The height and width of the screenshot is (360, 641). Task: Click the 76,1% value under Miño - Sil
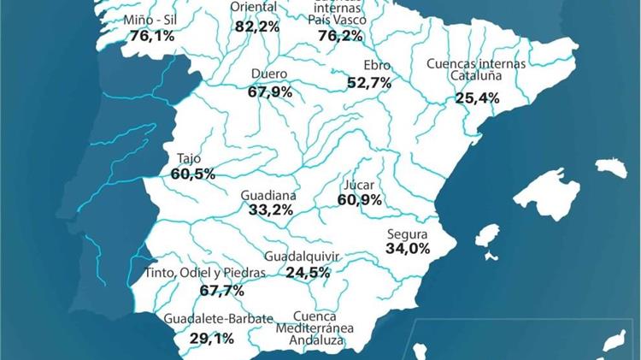(x=152, y=36)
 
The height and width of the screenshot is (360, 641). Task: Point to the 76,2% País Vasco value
(x=340, y=36)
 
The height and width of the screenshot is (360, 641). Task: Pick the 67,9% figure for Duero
(x=270, y=91)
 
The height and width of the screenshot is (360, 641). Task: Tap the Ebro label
(x=376, y=66)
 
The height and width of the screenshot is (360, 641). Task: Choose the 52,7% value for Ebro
(x=369, y=83)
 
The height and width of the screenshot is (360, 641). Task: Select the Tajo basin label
(x=189, y=158)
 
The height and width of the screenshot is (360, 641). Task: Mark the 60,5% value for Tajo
(x=193, y=174)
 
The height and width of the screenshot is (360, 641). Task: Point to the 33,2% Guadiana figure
(x=270, y=210)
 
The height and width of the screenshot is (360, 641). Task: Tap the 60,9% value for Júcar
(x=359, y=200)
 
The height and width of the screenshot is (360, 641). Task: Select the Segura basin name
(x=407, y=233)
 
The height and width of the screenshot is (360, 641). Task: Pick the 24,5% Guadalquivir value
(x=308, y=273)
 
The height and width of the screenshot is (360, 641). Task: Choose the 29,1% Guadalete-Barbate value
(x=212, y=339)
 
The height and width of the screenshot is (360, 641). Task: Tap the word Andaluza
(x=316, y=340)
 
